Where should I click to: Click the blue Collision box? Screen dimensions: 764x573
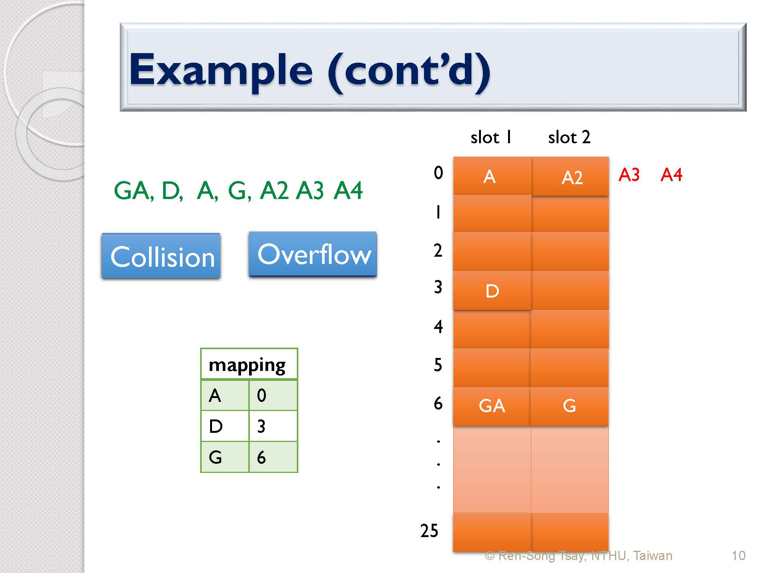tap(161, 256)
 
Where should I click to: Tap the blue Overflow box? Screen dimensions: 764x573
tap(312, 254)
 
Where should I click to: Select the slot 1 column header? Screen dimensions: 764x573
tap(491, 137)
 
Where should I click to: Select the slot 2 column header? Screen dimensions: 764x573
tap(569, 137)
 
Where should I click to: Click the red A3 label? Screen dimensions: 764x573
tap(629, 175)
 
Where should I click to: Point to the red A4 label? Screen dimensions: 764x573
tap(671, 175)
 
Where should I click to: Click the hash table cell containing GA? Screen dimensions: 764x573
tap(492, 406)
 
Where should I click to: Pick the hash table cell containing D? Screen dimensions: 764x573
tap(492, 290)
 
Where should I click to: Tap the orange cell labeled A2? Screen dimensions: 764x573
tap(570, 176)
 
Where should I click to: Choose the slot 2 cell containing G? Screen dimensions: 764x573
tap(569, 406)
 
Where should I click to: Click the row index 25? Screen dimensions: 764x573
tap(429, 531)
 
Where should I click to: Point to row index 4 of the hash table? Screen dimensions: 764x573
tap(438, 327)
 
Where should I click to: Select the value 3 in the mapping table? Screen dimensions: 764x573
tap(261, 426)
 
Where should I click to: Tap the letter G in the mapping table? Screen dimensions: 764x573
tap(215, 457)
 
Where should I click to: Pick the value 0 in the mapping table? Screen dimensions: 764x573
tap(261, 395)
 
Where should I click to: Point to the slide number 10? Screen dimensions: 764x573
tap(738, 555)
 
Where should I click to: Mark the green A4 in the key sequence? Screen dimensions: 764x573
tap(348, 191)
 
